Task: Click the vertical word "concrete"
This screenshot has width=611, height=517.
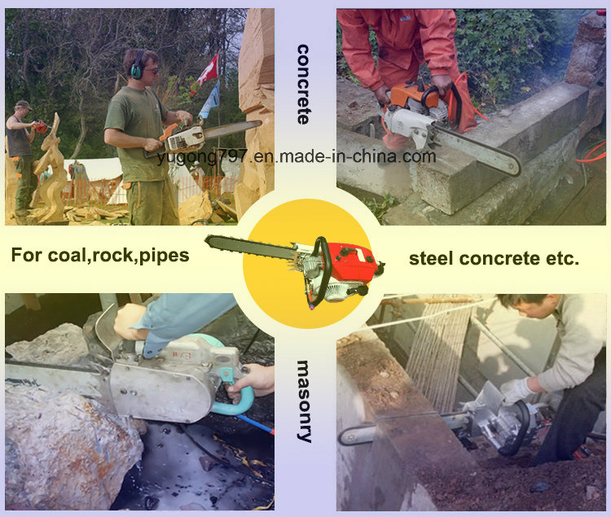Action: (x=303, y=85)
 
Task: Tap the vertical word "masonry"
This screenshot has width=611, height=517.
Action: (x=304, y=401)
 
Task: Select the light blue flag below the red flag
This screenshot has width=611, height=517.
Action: (x=209, y=100)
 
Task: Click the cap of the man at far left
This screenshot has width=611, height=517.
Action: (x=23, y=105)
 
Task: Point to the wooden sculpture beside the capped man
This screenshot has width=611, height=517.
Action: (x=49, y=171)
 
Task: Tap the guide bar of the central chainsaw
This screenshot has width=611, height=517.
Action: (x=249, y=248)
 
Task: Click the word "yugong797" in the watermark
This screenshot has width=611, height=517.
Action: (x=202, y=157)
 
